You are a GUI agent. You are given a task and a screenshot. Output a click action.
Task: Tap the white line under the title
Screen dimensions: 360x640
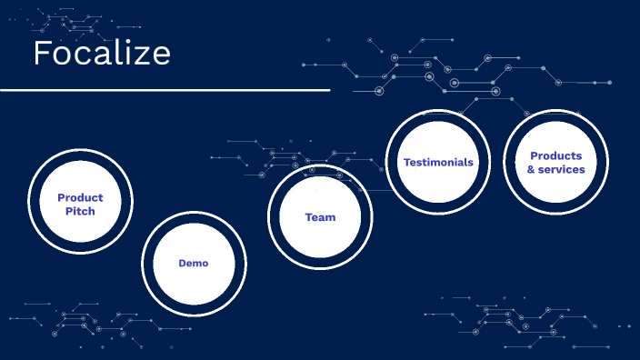point(165,91)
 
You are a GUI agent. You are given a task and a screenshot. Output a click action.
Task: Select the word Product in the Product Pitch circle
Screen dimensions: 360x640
point(80,197)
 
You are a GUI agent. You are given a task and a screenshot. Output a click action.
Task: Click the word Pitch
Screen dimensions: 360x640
point(80,211)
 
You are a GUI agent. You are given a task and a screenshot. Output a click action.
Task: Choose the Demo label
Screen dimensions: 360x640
point(193,263)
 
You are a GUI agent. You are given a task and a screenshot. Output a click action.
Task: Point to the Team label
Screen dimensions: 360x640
point(320,217)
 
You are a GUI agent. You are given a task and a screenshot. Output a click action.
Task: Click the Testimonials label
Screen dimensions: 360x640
point(438,162)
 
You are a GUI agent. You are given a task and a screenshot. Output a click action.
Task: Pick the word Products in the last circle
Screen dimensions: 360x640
point(555,155)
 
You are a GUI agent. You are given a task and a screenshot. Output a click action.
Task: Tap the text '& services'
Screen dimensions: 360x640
point(555,169)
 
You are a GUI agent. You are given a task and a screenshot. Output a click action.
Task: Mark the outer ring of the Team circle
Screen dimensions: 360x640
point(320,165)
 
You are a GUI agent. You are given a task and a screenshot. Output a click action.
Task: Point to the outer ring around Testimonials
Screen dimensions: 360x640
point(438,111)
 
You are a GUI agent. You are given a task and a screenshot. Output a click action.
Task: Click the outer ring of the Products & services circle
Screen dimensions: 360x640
point(555,111)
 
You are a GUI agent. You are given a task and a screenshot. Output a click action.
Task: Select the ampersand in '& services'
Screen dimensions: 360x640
point(531,169)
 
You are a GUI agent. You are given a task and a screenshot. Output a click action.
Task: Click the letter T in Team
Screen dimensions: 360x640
point(308,217)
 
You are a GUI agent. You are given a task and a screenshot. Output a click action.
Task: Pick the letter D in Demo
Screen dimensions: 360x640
point(182,263)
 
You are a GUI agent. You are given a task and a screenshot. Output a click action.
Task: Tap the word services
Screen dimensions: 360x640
point(561,169)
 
